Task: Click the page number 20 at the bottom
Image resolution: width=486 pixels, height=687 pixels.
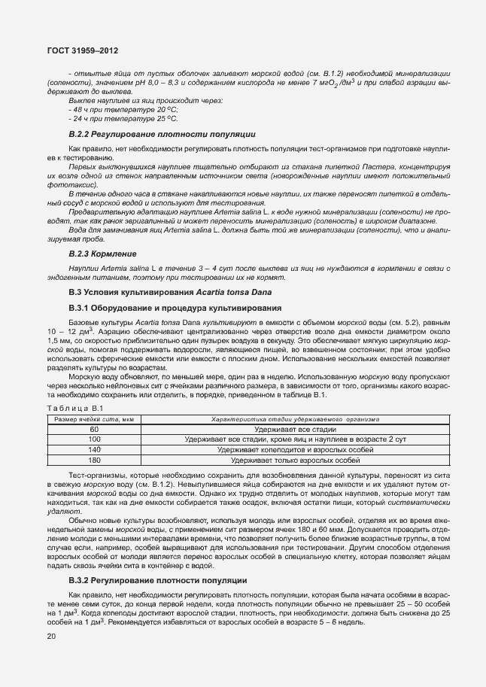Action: point(50,637)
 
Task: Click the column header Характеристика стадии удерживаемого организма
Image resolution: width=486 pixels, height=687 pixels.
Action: point(295,418)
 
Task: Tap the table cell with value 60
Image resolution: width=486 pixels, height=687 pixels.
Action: point(93,428)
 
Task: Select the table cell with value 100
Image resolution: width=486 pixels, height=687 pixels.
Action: point(93,438)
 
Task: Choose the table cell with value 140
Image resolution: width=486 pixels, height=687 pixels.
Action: point(93,448)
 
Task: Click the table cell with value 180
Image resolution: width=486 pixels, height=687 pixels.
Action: point(93,459)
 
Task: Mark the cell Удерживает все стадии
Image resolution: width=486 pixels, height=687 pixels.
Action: point(295,428)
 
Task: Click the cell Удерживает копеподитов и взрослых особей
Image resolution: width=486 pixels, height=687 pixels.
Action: point(295,448)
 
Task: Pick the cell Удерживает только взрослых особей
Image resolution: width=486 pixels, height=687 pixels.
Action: point(295,459)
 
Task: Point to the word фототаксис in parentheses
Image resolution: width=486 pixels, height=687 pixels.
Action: point(72,184)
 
